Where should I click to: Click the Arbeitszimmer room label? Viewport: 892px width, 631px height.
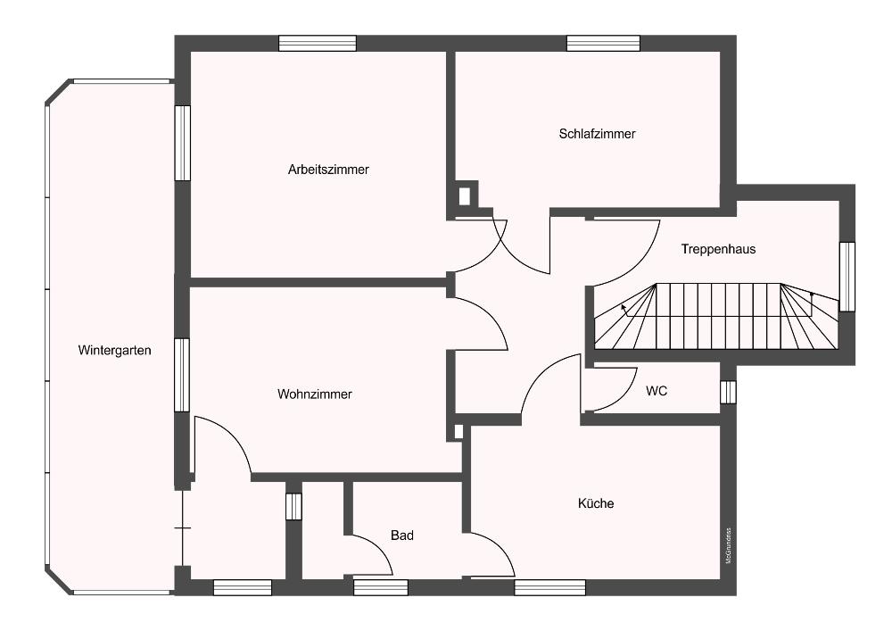tap(328, 170)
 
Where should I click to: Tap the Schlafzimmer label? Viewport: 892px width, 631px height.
tap(597, 134)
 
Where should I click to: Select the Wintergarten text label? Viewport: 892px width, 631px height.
tap(114, 351)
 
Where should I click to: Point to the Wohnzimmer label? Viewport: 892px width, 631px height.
tap(315, 394)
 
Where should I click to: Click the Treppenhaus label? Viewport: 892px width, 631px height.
tap(718, 249)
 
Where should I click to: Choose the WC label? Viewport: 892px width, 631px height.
tap(657, 391)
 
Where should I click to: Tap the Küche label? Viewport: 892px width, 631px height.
tap(596, 503)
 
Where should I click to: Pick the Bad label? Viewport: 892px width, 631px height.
tap(402, 536)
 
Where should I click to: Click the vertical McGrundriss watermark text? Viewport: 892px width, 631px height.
tap(728, 546)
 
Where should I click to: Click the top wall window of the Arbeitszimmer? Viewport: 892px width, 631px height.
tap(318, 43)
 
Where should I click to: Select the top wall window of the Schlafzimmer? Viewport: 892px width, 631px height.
tap(604, 43)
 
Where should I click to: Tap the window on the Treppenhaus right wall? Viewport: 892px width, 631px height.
tap(847, 277)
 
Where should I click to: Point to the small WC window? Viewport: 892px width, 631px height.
tap(728, 392)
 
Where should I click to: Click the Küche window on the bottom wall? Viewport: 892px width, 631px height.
tap(550, 588)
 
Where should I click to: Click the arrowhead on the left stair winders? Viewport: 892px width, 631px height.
tap(624, 307)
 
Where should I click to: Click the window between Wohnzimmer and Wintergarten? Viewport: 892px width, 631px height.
tap(182, 375)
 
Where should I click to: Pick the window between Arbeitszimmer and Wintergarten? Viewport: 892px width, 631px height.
tap(182, 143)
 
